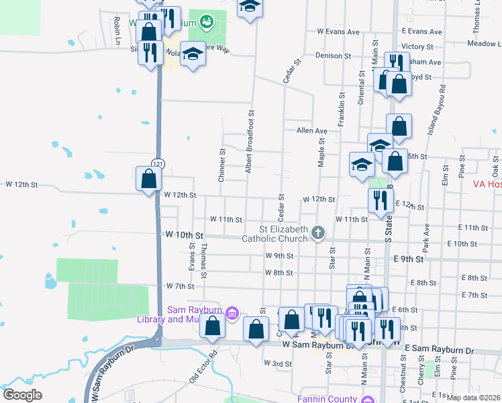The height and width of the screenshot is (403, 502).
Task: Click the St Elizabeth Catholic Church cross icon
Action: [x=318, y=234]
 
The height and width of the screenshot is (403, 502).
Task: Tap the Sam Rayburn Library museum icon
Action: [x=232, y=312]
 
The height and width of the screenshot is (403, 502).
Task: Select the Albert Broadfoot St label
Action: [x=250, y=142]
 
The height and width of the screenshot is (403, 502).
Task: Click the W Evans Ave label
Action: [x=339, y=32]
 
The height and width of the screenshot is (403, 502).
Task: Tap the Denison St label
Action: [x=329, y=56]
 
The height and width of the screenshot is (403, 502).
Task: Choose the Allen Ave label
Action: [x=311, y=131]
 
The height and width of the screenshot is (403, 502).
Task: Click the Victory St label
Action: [x=417, y=46]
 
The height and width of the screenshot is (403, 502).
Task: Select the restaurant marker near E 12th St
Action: [x=380, y=200]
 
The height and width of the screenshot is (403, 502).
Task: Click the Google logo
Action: [x=22, y=395]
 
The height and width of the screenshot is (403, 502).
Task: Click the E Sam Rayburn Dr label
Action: [x=440, y=351]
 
